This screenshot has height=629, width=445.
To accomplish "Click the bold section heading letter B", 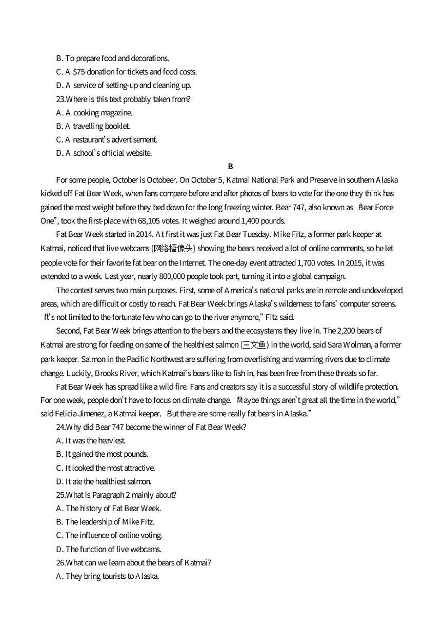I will [x=230, y=166].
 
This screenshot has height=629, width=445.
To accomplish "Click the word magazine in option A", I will [x=116, y=113].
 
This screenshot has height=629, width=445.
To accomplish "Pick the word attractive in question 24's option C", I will [x=138, y=468].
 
